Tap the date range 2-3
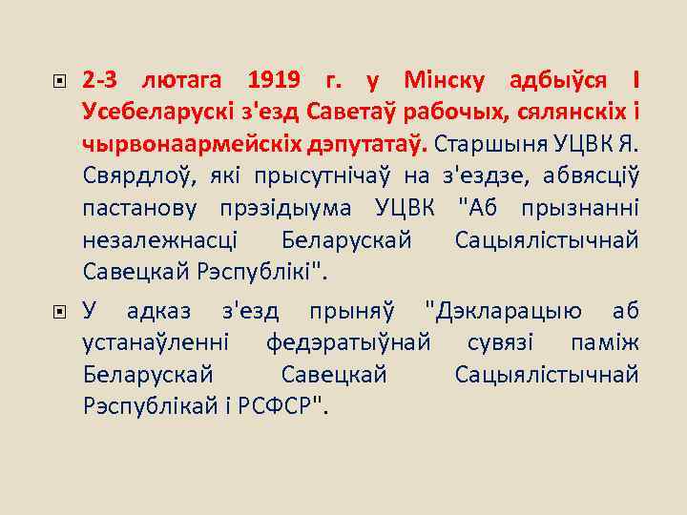pyautogui.click(x=100, y=79)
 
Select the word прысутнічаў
pyautogui.click(x=322, y=176)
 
